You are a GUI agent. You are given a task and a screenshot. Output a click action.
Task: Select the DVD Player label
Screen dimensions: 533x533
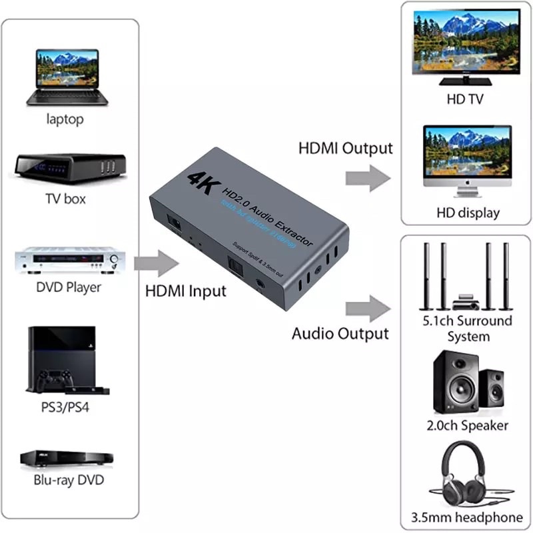[x=69, y=287]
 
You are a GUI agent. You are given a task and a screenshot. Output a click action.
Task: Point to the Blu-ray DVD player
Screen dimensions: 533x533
[x=66, y=458]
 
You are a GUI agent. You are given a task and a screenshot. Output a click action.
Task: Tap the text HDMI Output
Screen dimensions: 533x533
[x=345, y=148]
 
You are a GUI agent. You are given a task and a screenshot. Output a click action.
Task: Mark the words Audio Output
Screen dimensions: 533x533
[x=340, y=333]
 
